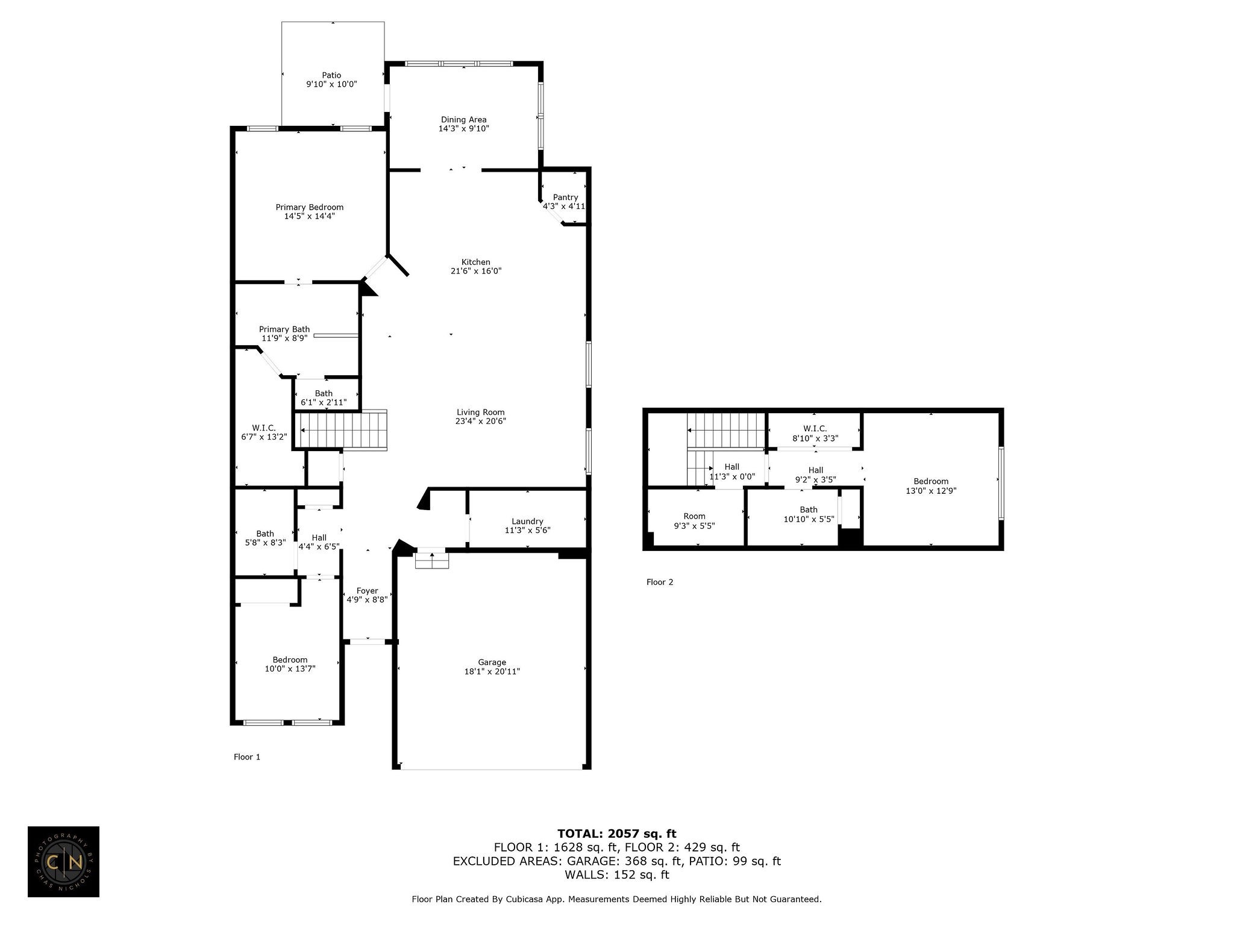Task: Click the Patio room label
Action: click(x=331, y=75)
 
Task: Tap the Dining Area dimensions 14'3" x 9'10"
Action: click(x=463, y=128)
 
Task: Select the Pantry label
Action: click(x=565, y=197)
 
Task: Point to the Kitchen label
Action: click(x=476, y=262)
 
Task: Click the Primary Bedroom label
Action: click(x=310, y=207)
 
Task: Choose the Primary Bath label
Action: click(x=284, y=329)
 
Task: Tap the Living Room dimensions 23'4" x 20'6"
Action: click(x=481, y=422)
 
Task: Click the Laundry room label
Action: click(x=527, y=522)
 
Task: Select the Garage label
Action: click(x=492, y=662)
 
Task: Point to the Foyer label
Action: click(x=368, y=591)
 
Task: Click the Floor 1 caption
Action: click(x=247, y=757)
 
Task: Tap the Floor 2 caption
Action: click(x=660, y=582)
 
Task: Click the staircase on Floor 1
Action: click(x=340, y=430)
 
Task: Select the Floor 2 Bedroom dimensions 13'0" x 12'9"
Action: click(x=931, y=491)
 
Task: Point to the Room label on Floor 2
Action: click(x=694, y=516)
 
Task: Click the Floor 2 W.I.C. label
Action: click(x=815, y=429)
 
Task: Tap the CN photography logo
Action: click(x=63, y=862)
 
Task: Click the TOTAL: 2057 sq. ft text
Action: click(x=617, y=833)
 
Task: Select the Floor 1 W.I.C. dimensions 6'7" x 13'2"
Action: click(x=264, y=437)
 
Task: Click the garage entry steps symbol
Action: click(x=432, y=559)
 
